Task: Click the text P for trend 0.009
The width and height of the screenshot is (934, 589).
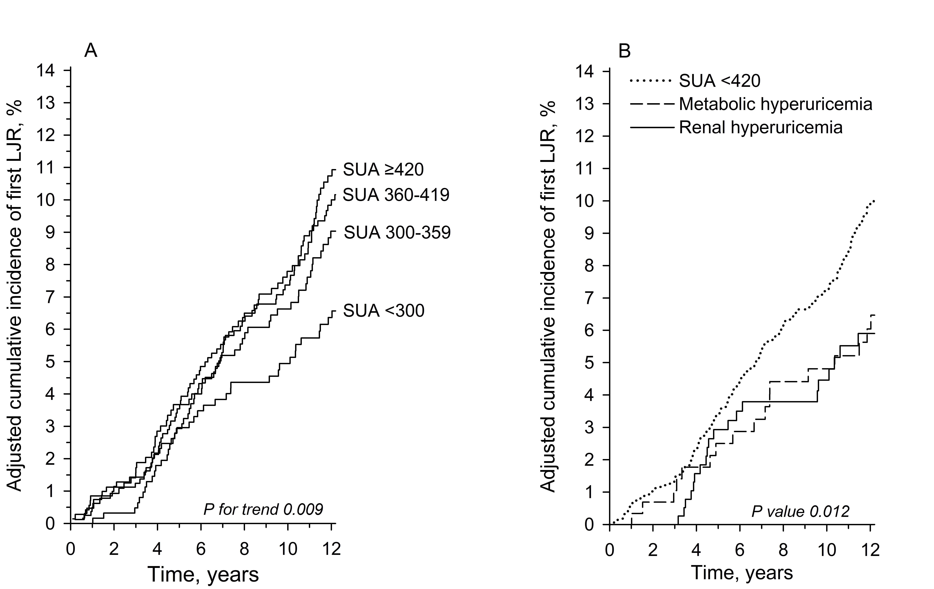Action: (263, 509)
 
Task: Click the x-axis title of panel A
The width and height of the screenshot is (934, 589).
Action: (203, 574)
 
